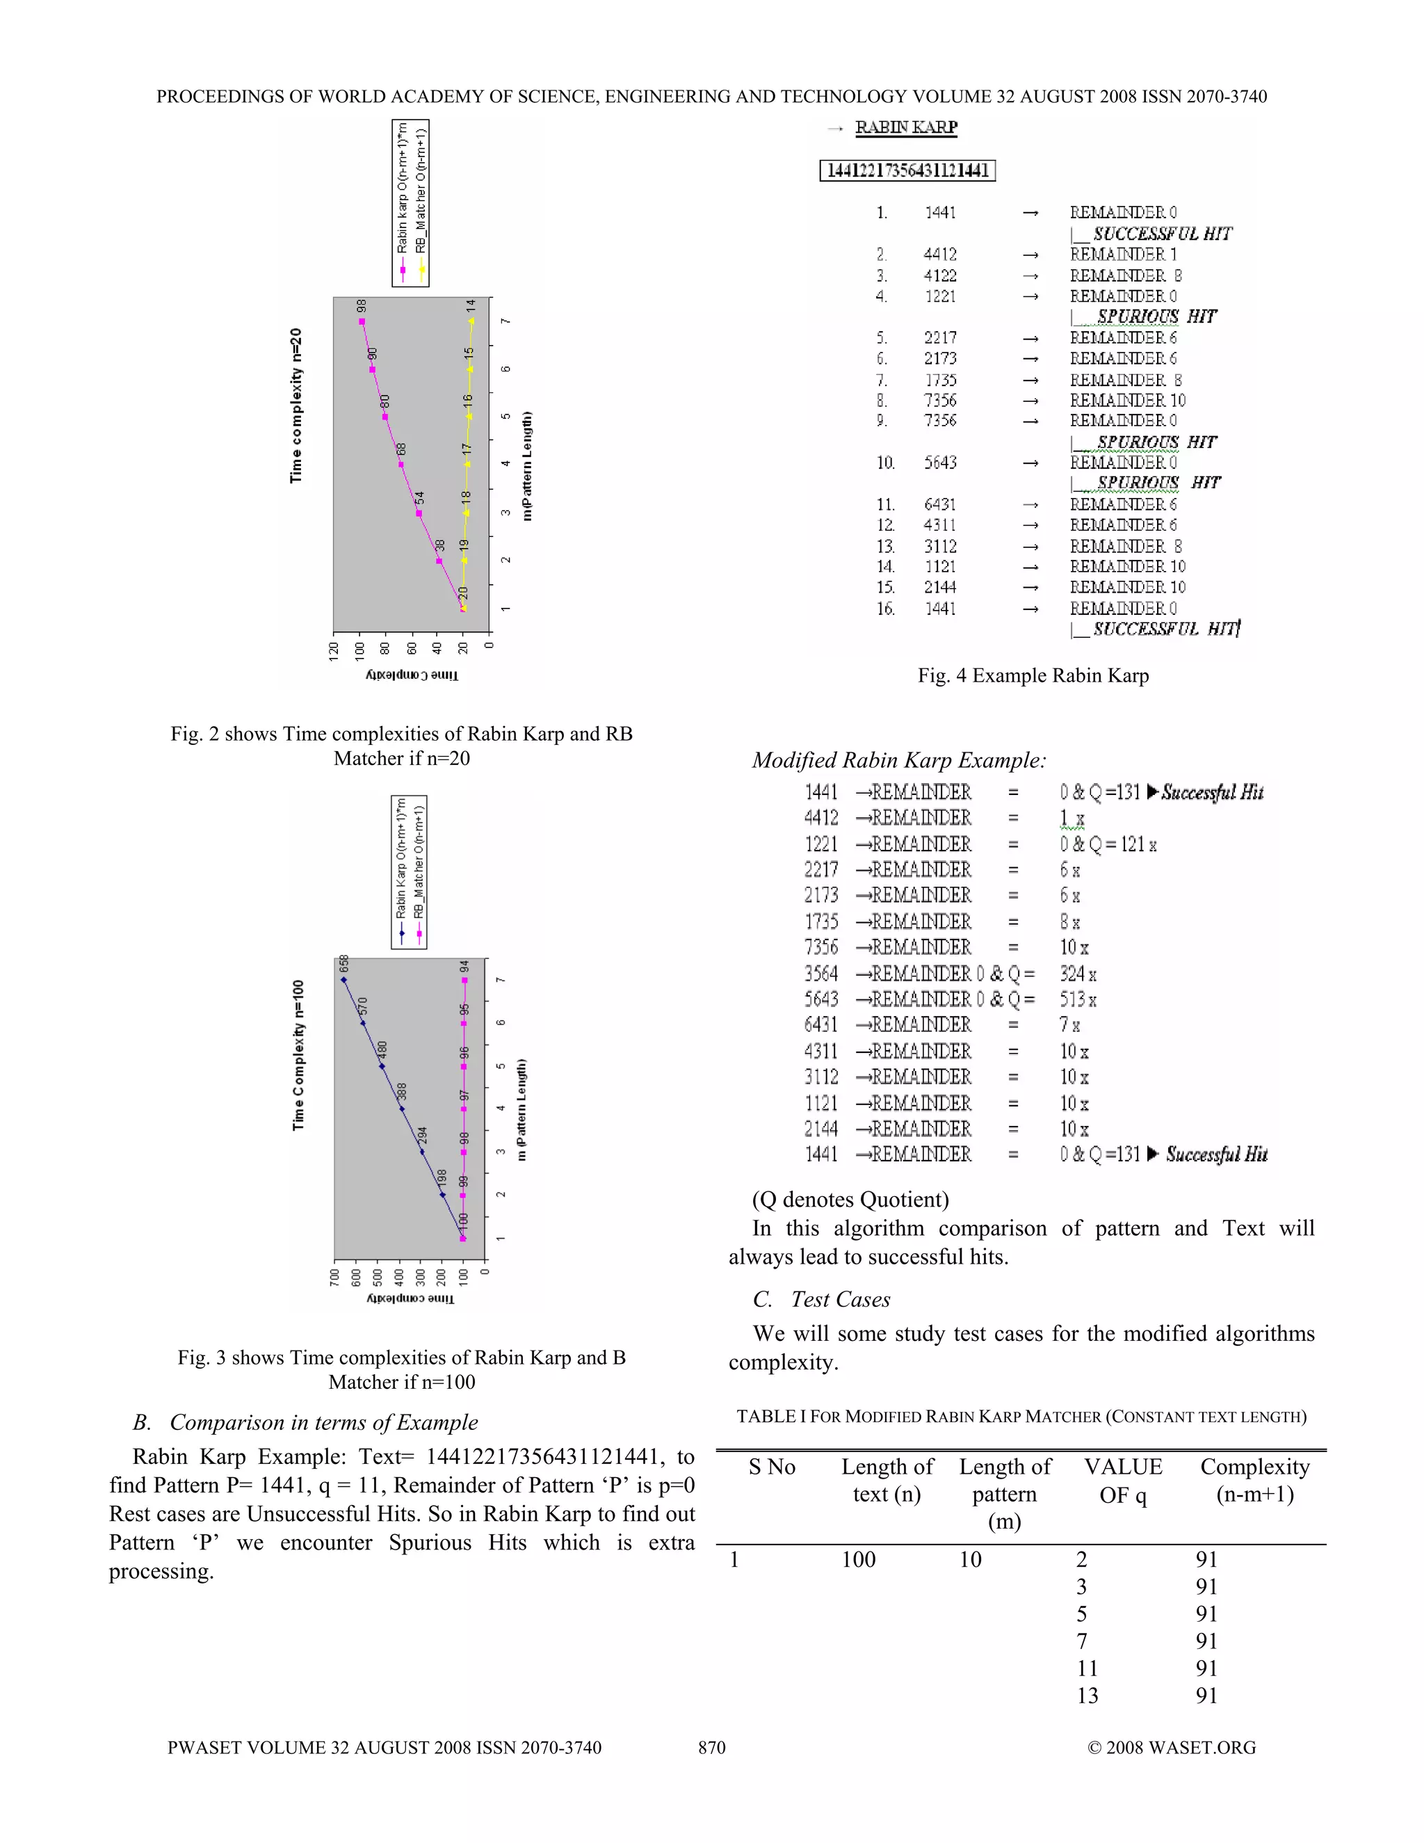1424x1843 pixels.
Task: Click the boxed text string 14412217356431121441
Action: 907,170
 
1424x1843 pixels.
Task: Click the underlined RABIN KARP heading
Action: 906,127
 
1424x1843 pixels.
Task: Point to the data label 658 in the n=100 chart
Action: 343,964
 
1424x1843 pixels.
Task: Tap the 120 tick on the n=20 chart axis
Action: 334,651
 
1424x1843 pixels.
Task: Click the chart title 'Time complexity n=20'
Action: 296,405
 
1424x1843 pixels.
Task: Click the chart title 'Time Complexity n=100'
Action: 298,1055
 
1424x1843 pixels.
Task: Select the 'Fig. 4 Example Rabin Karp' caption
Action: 1033,675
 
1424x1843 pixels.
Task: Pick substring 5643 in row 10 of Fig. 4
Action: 940,462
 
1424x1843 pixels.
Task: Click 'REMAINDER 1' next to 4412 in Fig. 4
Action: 1123,254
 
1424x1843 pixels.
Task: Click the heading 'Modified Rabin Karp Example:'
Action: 898,760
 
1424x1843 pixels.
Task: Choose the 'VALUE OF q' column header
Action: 1123,1481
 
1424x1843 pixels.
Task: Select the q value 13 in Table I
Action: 1087,1696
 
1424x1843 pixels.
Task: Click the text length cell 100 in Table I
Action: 858,1559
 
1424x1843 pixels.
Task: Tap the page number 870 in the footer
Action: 711,1748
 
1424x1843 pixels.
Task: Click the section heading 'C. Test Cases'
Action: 822,1300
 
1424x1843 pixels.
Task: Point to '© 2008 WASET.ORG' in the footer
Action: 1171,1748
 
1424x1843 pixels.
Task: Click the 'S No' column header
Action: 772,1467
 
